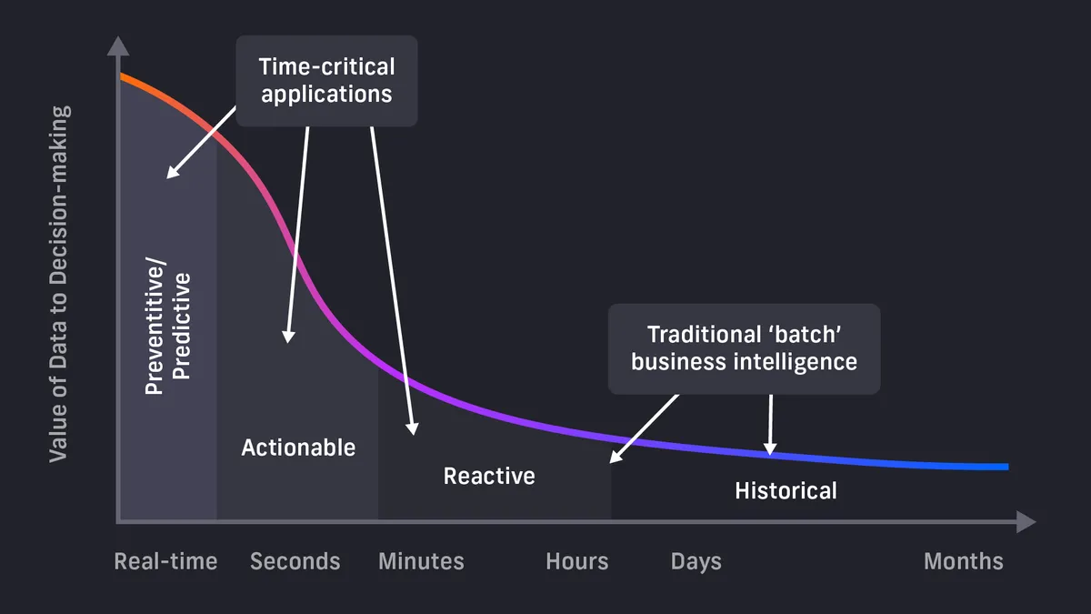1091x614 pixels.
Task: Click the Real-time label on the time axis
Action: [165, 561]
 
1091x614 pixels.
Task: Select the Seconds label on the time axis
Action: [295, 561]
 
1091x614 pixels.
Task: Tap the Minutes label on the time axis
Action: [421, 561]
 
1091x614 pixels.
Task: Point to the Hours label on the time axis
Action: [576, 561]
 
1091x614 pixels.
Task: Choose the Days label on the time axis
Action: [696, 561]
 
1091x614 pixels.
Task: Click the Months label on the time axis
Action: [963, 561]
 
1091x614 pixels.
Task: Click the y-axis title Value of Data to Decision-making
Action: [58, 284]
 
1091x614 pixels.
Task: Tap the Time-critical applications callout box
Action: [326, 80]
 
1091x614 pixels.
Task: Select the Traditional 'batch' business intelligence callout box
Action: [744, 348]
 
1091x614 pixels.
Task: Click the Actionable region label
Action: [298, 448]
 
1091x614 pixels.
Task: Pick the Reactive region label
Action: [489, 476]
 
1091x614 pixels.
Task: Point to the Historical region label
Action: [786, 491]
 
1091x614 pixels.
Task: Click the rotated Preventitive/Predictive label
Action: [168, 333]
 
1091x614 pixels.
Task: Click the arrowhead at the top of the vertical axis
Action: [117, 45]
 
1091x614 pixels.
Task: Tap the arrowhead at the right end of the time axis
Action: [1026, 522]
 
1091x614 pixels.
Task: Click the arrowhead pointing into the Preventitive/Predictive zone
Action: [172, 173]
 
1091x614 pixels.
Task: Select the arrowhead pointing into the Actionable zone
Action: [288, 336]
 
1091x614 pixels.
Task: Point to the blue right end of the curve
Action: [1006, 467]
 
